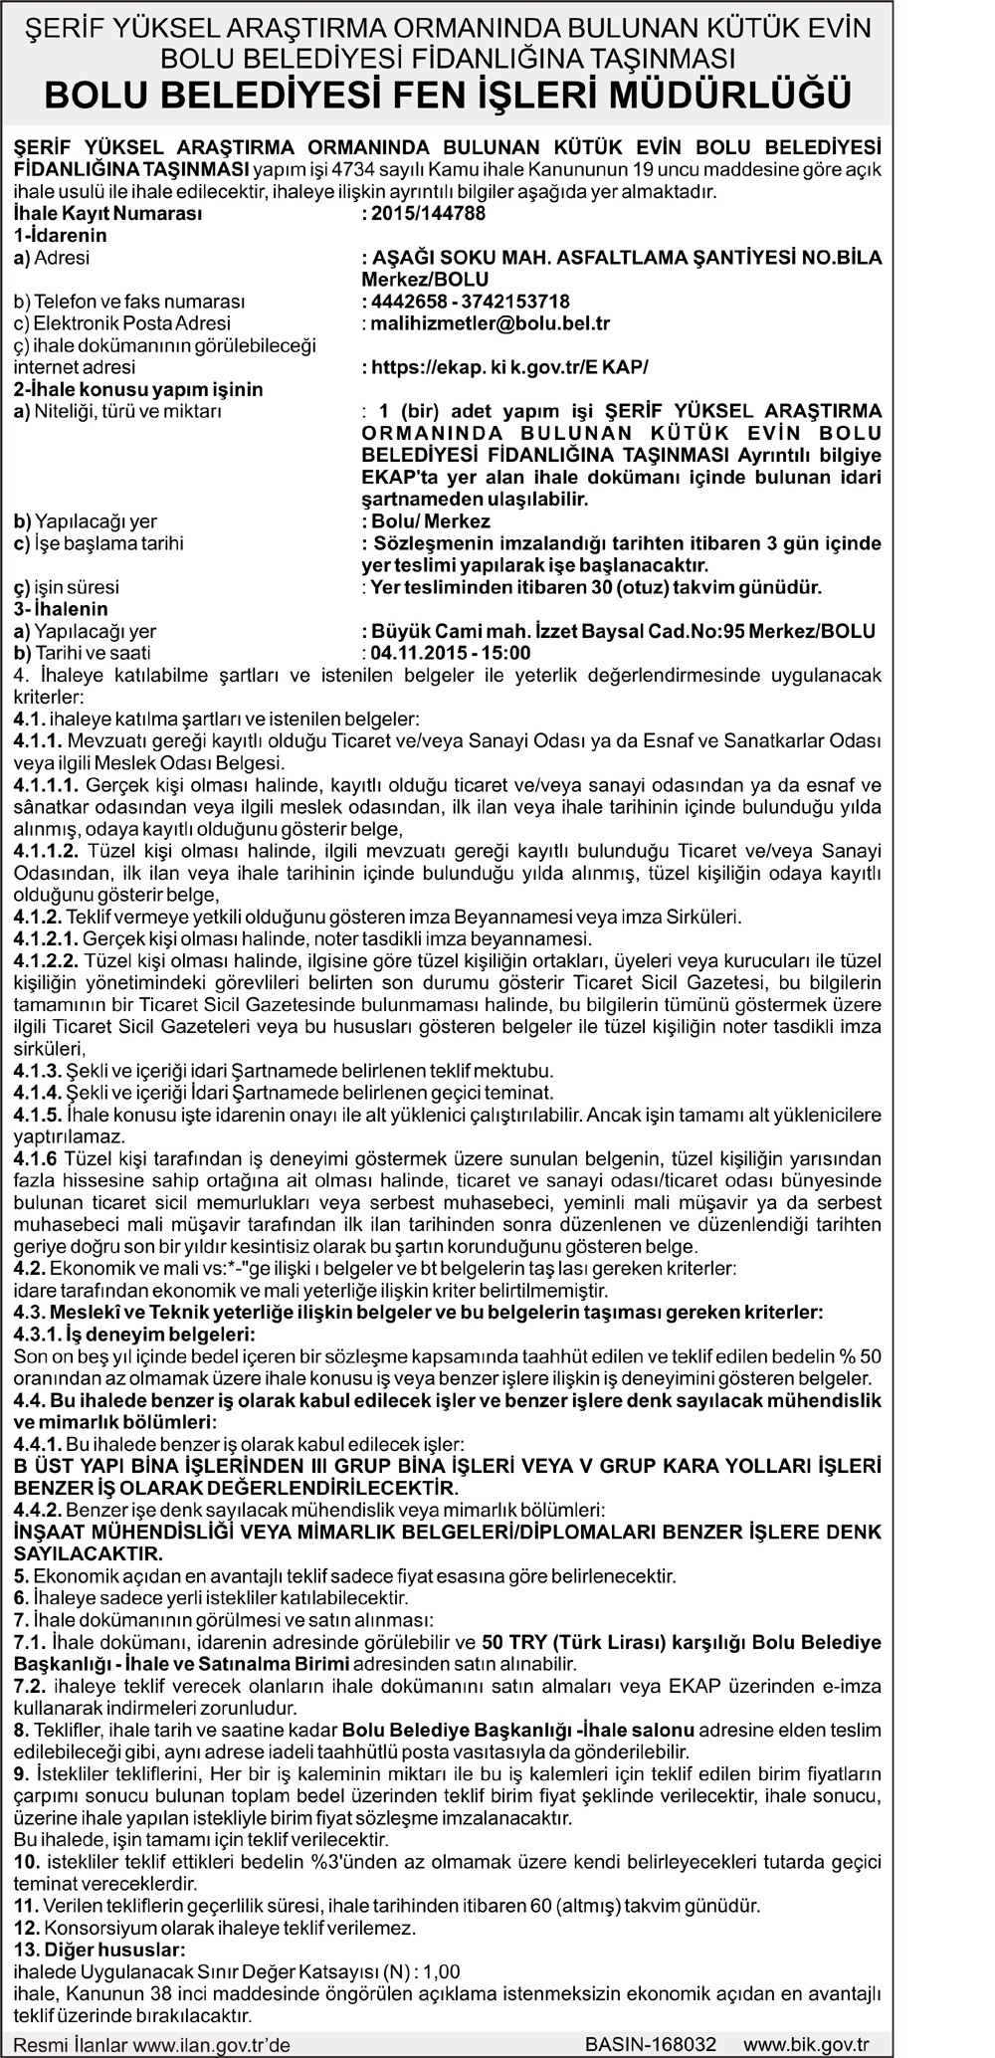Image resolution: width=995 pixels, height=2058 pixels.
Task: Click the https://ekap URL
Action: [x=508, y=367]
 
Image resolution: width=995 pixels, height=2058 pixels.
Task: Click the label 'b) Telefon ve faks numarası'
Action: [x=129, y=302]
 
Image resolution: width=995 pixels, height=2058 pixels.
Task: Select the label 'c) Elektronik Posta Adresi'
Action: [x=122, y=323]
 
